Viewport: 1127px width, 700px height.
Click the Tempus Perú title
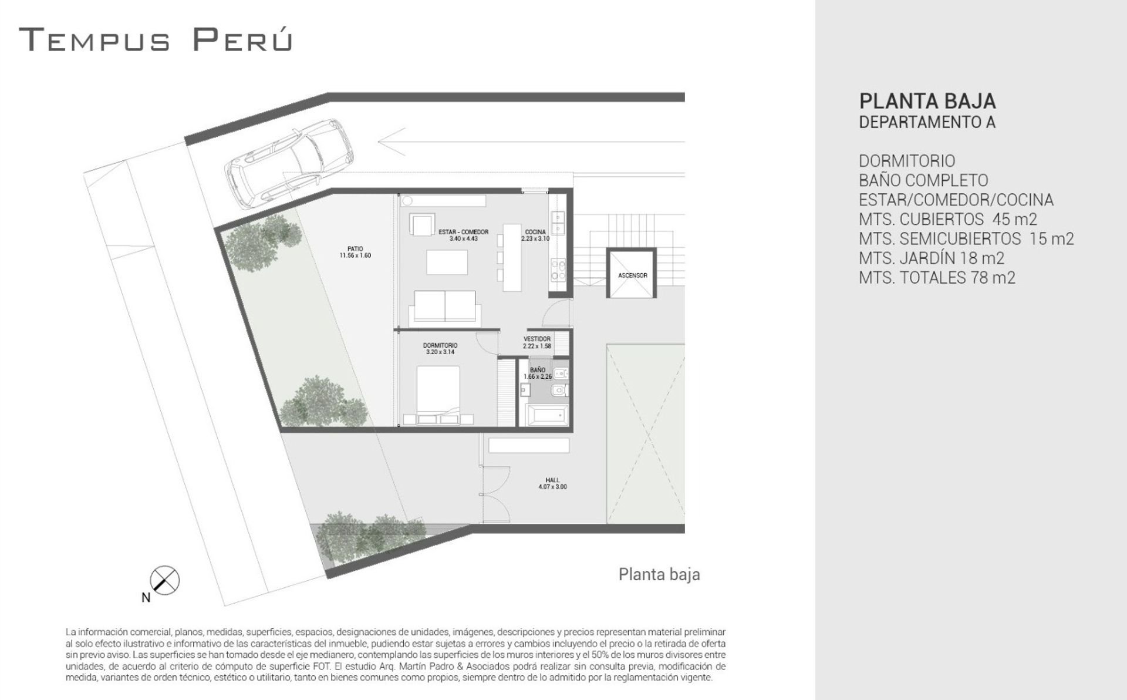156,39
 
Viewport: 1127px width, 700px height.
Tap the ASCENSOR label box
632,274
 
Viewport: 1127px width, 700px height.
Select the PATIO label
355,252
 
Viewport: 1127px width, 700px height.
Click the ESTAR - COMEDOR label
464,235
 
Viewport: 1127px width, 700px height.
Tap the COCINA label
535,235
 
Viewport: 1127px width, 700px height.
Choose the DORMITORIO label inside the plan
440,349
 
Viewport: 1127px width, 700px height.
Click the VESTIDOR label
537,342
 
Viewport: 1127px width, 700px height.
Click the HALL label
552,483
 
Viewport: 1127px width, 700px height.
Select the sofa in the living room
445,307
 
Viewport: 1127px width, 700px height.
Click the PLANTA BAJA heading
927,101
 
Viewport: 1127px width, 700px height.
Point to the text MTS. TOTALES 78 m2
937,277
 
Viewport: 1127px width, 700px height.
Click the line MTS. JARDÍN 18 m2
932,258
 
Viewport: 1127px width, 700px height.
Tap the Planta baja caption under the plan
659,574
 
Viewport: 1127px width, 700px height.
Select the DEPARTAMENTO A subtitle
927,122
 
